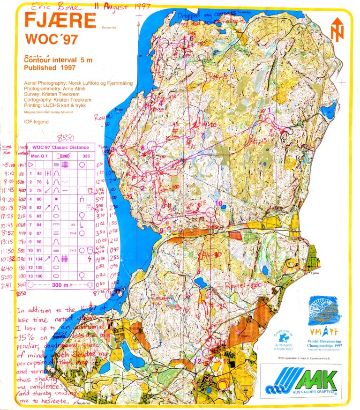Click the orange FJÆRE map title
point(60,21)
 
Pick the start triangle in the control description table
point(31,164)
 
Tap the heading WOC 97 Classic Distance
point(60,148)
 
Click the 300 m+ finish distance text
point(60,284)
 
